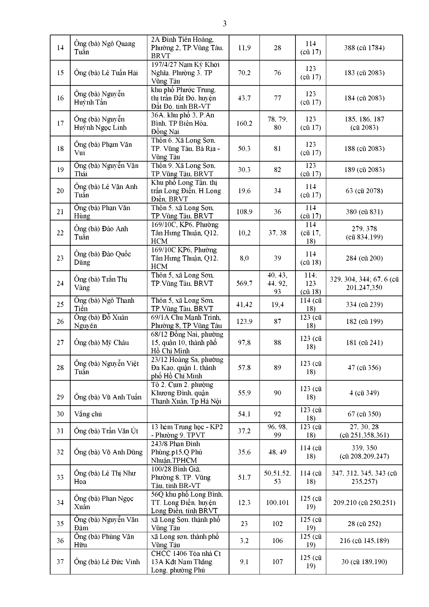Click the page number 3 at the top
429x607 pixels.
click(x=224, y=24)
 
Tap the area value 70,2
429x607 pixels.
click(x=244, y=73)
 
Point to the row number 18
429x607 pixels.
click(x=60, y=149)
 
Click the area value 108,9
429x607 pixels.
click(x=244, y=212)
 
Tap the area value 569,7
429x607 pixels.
click(x=244, y=283)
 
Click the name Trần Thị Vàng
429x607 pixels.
click(x=101, y=283)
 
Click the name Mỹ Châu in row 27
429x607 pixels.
click(x=102, y=343)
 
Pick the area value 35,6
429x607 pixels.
click(x=244, y=452)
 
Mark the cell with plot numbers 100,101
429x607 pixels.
click(x=277, y=502)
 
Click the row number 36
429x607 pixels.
click(x=60, y=541)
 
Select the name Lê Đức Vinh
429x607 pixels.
click(x=107, y=562)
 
